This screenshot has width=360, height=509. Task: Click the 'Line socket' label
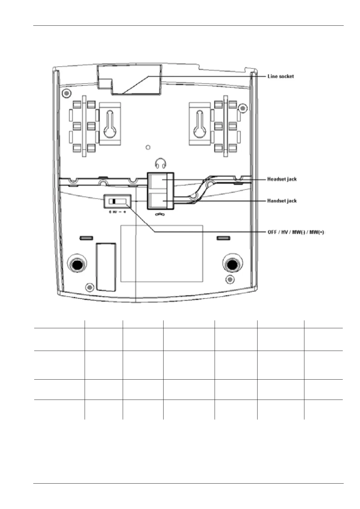tap(281, 76)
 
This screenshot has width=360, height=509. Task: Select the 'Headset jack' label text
tap(282, 179)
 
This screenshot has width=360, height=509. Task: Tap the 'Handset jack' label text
tap(282, 201)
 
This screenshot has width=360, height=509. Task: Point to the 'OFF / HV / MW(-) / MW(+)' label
tap(296, 232)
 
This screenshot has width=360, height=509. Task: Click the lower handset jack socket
tap(161, 201)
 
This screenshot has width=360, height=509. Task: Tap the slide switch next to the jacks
tap(117, 201)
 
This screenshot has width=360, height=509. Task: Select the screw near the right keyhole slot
tap(242, 108)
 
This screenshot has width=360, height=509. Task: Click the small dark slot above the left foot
tap(86, 238)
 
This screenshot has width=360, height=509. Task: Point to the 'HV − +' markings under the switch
tap(118, 212)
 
